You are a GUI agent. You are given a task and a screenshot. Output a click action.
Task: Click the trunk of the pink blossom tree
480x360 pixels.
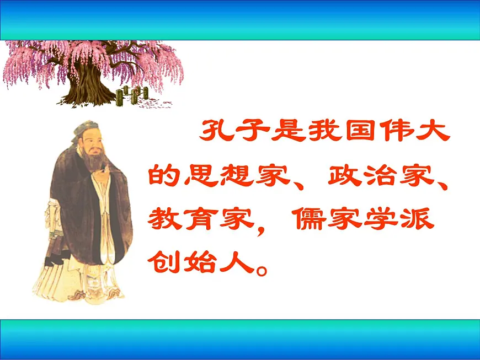pos(86,83)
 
